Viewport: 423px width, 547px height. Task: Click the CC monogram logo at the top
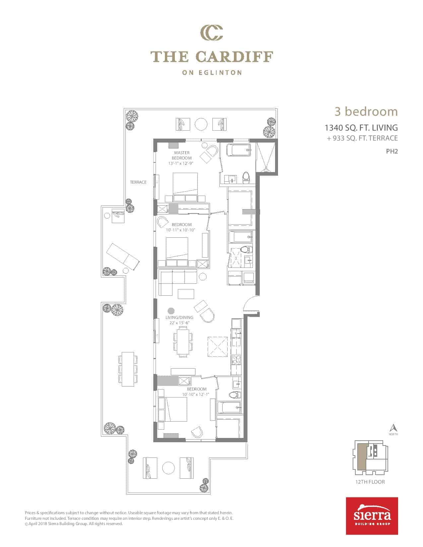pyautogui.click(x=211, y=32)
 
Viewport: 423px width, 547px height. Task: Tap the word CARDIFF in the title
pyautogui.click(x=234, y=57)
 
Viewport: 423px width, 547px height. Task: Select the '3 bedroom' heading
pyautogui.click(x=366, y=111)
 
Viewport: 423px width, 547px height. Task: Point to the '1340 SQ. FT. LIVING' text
pyautogui.click(x=361, y=128)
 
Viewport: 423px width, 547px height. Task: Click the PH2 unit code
pyautogui.click(x=392, y=151)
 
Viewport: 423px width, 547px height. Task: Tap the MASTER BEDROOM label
pyautogui.click(x=182, y=155)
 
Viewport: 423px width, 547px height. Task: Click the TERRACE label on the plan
pyautogui.click(x=138, y=182)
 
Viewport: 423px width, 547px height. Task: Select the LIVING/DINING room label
pyautogui.click(x=179, y=318)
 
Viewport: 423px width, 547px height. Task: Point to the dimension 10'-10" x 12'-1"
pyautogui.click(x=196, y=395)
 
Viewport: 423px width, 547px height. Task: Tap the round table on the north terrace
pyautogui.click(x=201, y=124)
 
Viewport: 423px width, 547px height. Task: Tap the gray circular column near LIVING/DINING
pyautogui.click(x=171, y=311)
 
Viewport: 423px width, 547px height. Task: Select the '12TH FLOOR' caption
pyautogui.click(x=370, y=482)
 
